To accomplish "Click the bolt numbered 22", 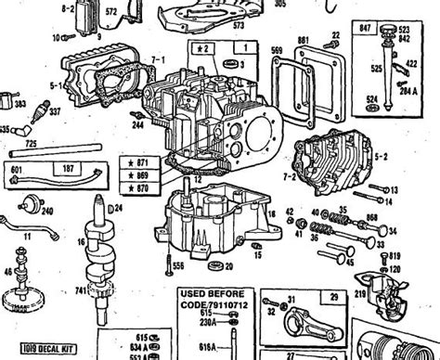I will [x=335, y=35].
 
